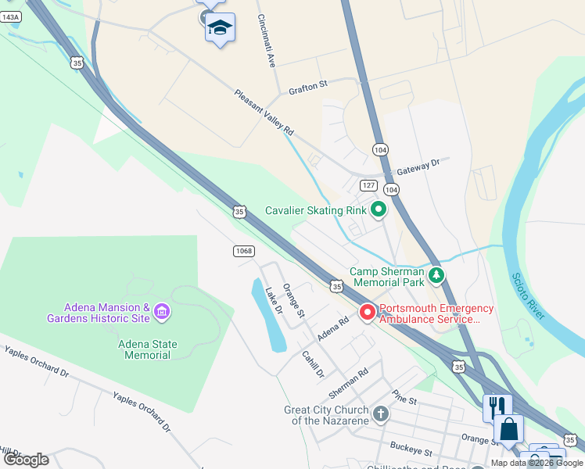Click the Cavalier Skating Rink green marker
[x=379, y=209]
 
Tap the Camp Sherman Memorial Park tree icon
[x=436, y=275]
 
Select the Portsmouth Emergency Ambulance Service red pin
[x=367, y=313]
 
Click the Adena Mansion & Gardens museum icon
[x=162, y=313]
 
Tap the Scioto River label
[x=528, y=296]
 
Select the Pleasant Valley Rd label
[x=264, y=111]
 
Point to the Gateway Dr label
[x=419, y=166]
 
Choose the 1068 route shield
[x=244, y=250]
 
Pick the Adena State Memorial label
[x=148, y=349]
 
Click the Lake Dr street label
[x=273, y=300]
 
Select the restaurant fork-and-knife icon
[x=497, y=406]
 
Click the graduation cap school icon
[x=221, y=28]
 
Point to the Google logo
[x=26, y=460]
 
